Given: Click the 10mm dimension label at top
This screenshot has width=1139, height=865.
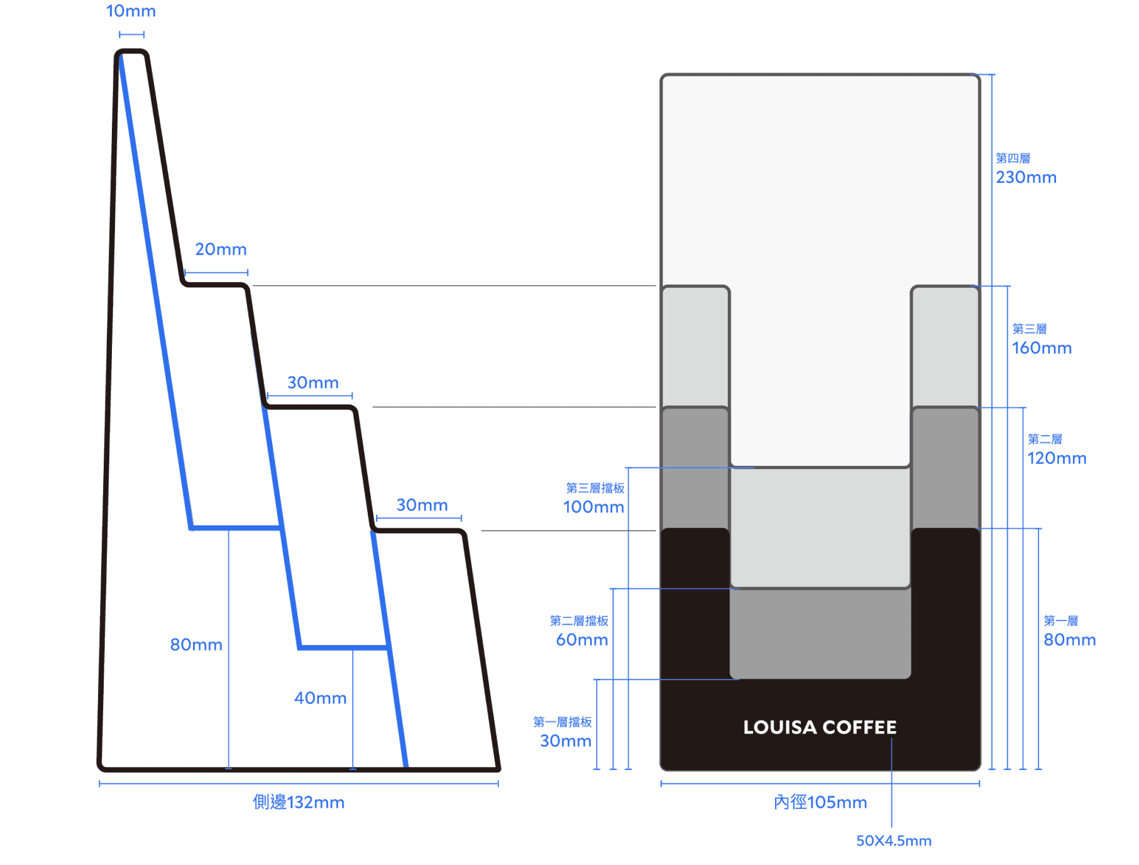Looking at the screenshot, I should (x=131, y=11).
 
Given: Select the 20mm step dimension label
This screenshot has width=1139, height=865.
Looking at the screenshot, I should (x=221, y=250).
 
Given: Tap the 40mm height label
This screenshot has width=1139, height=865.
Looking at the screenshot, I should (x=321, y=698).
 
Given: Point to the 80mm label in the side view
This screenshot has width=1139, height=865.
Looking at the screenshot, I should (x=196, y=645).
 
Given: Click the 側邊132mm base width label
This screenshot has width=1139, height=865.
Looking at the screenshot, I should (x=299, y=803).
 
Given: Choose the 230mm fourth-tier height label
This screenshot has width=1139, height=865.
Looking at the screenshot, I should (x=1026, y=178).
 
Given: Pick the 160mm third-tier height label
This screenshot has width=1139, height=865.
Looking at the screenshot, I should (x=1042, y=348).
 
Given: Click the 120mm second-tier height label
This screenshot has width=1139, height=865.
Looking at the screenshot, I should (x=1057, y=458).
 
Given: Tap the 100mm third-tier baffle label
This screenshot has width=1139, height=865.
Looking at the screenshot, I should (x=593, y=507).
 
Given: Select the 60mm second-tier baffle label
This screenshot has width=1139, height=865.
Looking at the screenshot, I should (x=582, y=640).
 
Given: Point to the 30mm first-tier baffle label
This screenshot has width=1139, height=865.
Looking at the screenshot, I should (x=566, y=741).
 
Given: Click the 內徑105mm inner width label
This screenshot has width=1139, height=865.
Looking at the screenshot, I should (x=820, y=803).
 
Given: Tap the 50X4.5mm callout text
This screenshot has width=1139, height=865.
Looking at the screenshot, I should (x=893, y=841).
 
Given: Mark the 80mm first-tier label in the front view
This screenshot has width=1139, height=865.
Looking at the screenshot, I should (x=1069, y=640).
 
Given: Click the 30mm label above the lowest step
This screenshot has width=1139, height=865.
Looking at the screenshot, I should (x=422, y=505).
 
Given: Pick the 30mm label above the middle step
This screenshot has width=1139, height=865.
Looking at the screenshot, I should (x=312, y=383).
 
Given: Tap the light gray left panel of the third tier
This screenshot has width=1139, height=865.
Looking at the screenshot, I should (x=695, y=346).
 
